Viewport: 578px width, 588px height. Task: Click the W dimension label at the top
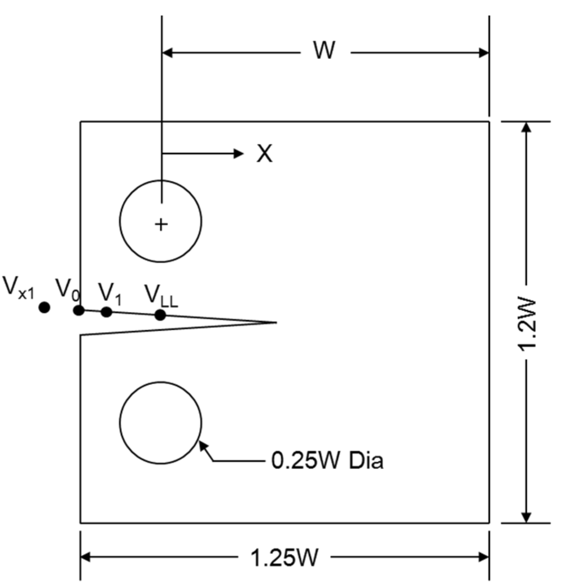coord(325,51)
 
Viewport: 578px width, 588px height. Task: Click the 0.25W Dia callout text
coord(327,461)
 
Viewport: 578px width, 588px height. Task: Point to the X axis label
coord(264,153)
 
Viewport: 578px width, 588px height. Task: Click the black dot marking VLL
coord(160,315)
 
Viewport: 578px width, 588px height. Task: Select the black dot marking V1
coord(106,311)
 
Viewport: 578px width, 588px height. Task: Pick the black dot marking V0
coord(79,310)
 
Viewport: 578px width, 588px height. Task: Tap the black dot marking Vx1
coord(44,307)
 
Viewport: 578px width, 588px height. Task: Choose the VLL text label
coord(161,295)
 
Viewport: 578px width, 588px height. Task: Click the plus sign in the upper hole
coord(161,225)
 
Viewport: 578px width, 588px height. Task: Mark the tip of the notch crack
coord(275,323)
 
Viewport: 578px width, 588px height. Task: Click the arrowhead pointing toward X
coord(239,153)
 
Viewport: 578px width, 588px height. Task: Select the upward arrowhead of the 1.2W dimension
coord(526,127)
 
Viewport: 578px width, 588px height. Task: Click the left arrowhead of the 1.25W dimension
coord(85,557)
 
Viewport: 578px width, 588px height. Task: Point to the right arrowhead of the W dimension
coord(483,53)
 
